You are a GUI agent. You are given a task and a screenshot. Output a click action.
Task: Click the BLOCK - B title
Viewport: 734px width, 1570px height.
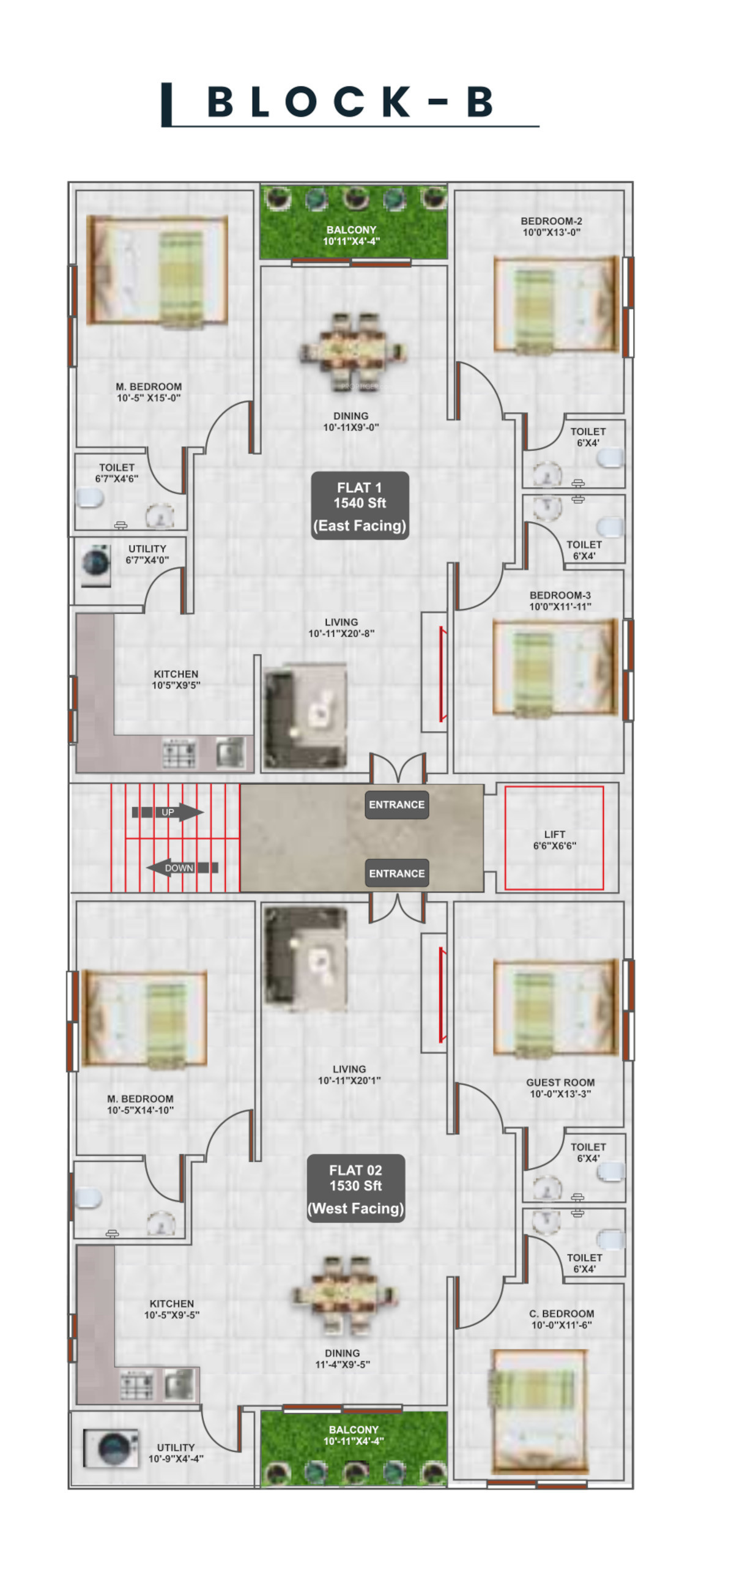pyautogui.click(x=349, y=102)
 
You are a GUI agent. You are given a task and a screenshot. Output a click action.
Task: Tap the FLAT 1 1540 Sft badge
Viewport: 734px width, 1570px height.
pyautogui.click(x=360, y=505)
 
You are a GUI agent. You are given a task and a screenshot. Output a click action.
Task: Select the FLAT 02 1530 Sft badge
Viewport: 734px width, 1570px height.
pyautogui.click(x=355, y=1188)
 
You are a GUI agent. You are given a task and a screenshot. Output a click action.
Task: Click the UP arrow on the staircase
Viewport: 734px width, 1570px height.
pyautogui.click(x=168, y=812)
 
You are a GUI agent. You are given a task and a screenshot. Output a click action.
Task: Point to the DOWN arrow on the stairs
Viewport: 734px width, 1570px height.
pyautogui.click(x=182, y=867)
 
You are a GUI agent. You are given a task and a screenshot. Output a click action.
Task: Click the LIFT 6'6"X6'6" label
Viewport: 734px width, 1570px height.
pyautogui.click(x=555, y=839)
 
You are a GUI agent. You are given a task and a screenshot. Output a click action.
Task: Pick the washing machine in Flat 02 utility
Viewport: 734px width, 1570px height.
pyautogui.click(x=110, y=1448)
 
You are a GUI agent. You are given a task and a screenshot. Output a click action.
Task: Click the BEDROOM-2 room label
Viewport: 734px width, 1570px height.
pyautogui.click(x=551, y=226)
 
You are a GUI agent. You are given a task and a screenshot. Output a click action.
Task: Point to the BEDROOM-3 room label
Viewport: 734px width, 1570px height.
pyautogui.click(x=560, y=600)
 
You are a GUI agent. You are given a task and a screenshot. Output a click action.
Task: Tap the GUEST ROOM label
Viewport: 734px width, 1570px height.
pyautogui.click(x=560, y=1088)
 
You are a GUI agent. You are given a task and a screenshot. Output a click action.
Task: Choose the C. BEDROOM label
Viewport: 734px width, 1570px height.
pyautogui.click(x=562, y=1319)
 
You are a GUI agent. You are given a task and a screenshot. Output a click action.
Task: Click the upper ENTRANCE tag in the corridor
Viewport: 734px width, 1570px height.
pyautogui.click(x=396, y=805)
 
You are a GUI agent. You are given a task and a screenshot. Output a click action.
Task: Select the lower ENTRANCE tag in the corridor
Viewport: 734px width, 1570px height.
pyautogui.click(x=396, y=873)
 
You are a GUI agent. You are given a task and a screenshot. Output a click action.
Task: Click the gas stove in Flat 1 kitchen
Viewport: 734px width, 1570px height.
pyautogui.click(x=179, y=753)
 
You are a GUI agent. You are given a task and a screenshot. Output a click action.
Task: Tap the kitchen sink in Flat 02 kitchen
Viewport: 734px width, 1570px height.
pyautogui.click(x=179, y=1383)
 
